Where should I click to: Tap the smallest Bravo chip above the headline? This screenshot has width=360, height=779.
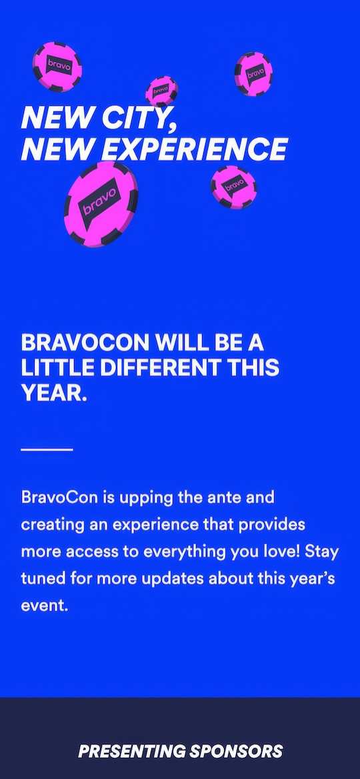[161, 91]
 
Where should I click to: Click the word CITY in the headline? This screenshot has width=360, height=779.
[139, 118]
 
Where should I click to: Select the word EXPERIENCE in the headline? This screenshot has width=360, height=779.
[197, 149]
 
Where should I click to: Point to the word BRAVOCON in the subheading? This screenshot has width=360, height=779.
[85, 343]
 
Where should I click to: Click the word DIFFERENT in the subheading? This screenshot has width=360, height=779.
[159, 368]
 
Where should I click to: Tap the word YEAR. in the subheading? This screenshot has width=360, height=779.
[54, 394]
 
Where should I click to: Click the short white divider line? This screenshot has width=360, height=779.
[47, 450]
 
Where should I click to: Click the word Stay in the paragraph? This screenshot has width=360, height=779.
[322, 553]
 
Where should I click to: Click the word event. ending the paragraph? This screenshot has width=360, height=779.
[44, 607]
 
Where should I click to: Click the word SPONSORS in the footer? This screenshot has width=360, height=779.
[235, 751]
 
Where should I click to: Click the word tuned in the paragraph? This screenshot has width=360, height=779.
[41, 580]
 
